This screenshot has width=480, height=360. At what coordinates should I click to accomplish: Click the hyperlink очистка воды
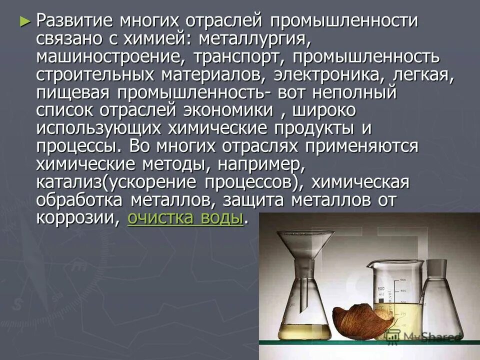click(x=185, y=218)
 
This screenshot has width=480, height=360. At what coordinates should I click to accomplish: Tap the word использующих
click(x=99, y=128)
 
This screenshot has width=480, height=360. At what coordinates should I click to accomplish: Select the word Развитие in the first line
click(x=74, y=21)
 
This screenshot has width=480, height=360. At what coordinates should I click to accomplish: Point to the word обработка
click(x=80, y=200)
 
